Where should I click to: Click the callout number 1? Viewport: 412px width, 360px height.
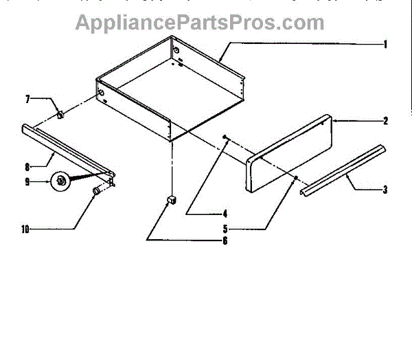[386, 45]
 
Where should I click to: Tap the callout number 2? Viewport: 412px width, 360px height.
[386, 121]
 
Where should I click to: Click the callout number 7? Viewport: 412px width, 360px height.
[28, 100]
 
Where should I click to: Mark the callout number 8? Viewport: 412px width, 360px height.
[28, 166]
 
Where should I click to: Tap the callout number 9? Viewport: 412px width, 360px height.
[28, 182]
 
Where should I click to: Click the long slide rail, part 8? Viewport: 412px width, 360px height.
[69, 148]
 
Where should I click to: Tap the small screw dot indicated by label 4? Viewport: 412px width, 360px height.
[225, 138]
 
